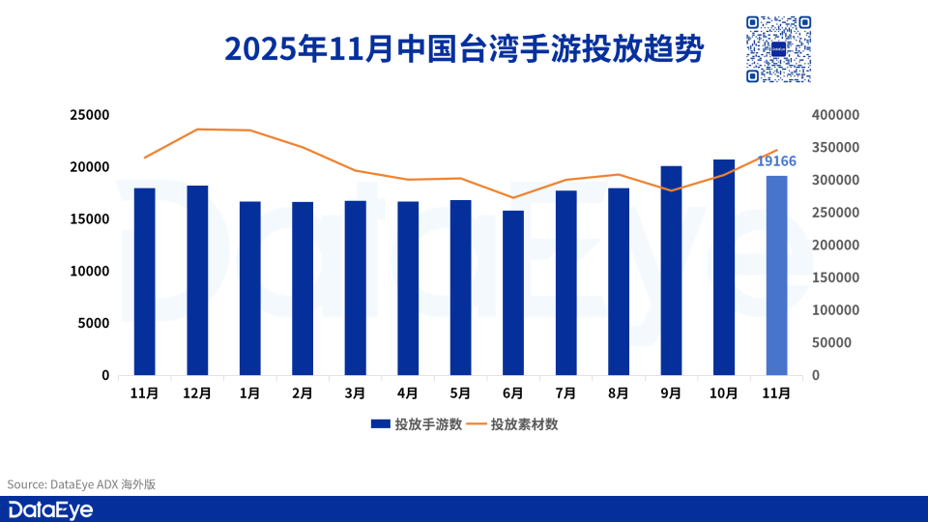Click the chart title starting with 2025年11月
pyautogui.click(x=464, y=47)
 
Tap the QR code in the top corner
pyautogui.click(x=778, y=49)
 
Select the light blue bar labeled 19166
pyautogui.click(x=776, y=275)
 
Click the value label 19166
pyautogui.click(x=776, y=160)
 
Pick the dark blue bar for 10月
pyautogui.click(x=724, y=268)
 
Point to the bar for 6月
pyautogui.click(x=513, y=293)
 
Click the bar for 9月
pyautogui.click(x=671, y=271)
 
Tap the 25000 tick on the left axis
pyautogui.click(x=90, y=115)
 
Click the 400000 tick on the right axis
pyautogui.click(x=834, y=115)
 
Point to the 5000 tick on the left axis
pyautogui.click(x=94, y=323)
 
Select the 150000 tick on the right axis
pyautogui.click(x=834, y=277)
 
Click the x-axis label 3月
pyautogui.click(x=355, y=393)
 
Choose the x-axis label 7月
pyautogui.click(x=565, y=393)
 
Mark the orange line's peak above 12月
pyautogui.click(x=197, y=129)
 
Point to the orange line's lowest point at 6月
pyautogui.click(x=513, y=197)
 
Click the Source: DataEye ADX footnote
pyautogui.click(x=81, y=484)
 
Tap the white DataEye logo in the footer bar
pyautogui.click(x=50, y=510)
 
